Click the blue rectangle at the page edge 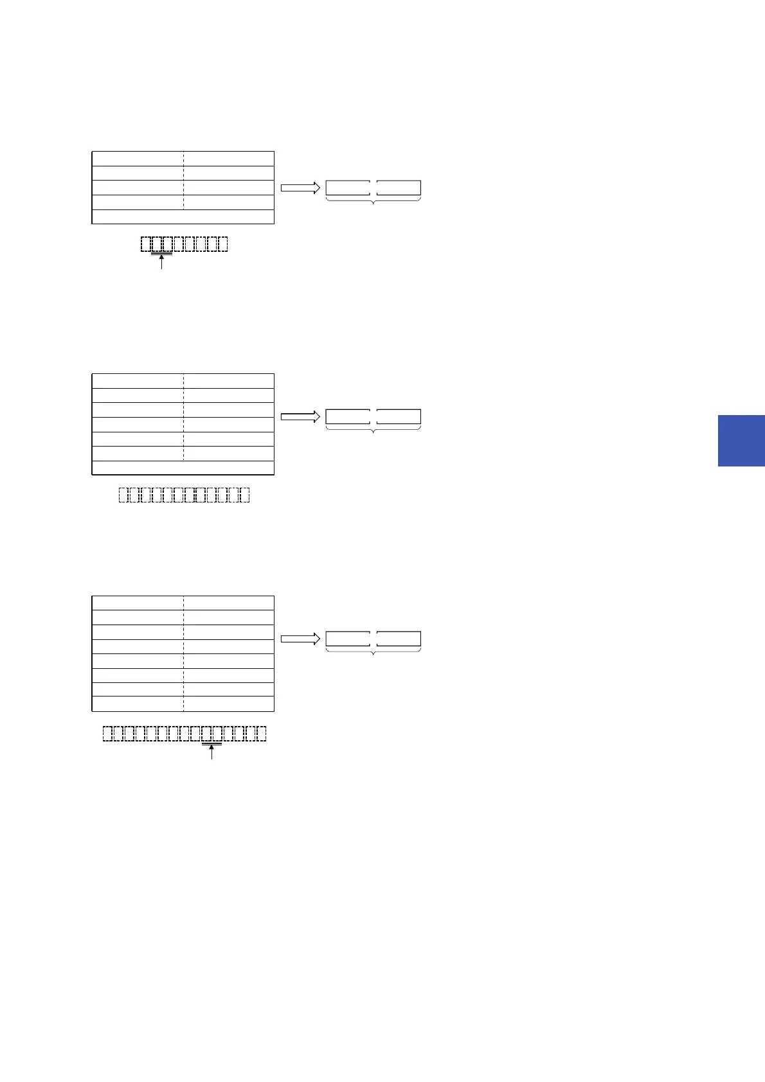(x=741, y=440)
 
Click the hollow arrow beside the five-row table (x=300, y=188)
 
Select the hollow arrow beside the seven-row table (x=300, y=416)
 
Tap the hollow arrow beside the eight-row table (x=300, y=639)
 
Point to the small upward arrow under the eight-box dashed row (x=161, y=262)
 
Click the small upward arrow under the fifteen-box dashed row (x=212, y=752)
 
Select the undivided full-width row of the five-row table (x=183, y=217)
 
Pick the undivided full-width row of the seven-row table (x=183, y=468)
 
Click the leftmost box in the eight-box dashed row (x=146, y=244)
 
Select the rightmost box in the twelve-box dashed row (x=244, y=495)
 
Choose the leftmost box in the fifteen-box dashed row (x=108, y=734)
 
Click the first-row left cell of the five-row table (x=138, y=159)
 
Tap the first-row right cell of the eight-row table (x=229, y=603)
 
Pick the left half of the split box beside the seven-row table (x=348, y=416)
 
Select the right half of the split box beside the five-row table (x=399, y=188)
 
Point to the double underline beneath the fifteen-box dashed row (x=212, y=745)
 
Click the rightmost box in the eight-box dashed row (x=223, y=244)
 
